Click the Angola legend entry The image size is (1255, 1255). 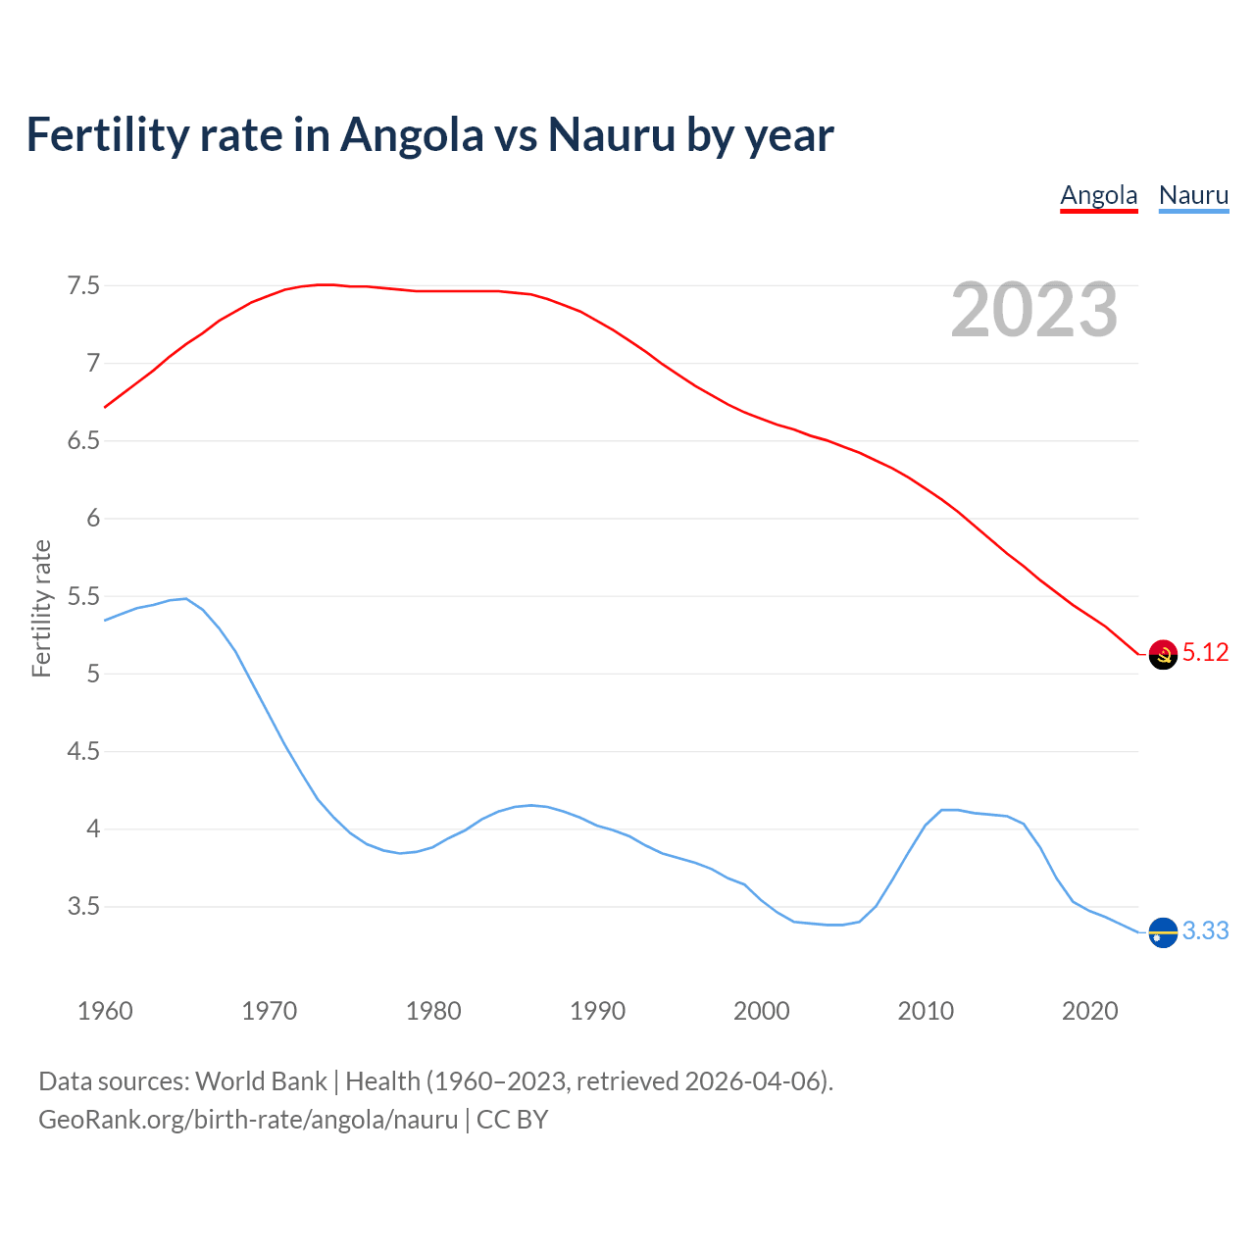tap(1098, 195)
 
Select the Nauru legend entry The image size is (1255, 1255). tap(1193, 195)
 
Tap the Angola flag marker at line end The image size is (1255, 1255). tap(1163, 654)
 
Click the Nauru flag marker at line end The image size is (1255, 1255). tap(1163, 932)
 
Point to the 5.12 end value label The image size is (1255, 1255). tap(1205, 653)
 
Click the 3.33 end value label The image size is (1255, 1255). tap(1205, 931)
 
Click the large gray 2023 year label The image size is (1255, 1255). tap(1034, 310)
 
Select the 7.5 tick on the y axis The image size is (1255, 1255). tap(83, 286)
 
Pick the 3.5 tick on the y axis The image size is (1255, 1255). tap(83, 907)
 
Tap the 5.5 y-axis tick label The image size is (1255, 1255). tap(83, 597)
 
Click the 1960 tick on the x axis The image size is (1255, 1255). tap(105, 1011)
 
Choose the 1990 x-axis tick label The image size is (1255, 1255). tap(597, 1011)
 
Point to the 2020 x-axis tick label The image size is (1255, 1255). tap(1089, 1011)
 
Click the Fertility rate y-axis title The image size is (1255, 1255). tap(41, 608)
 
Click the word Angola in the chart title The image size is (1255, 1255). tap(412, 134)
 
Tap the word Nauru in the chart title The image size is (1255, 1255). tap(612, 134)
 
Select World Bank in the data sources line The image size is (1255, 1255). tap(261, 1081)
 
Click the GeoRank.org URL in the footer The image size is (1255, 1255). tap(248, 1120)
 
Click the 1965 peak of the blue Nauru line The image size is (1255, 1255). tap(186, 598)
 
